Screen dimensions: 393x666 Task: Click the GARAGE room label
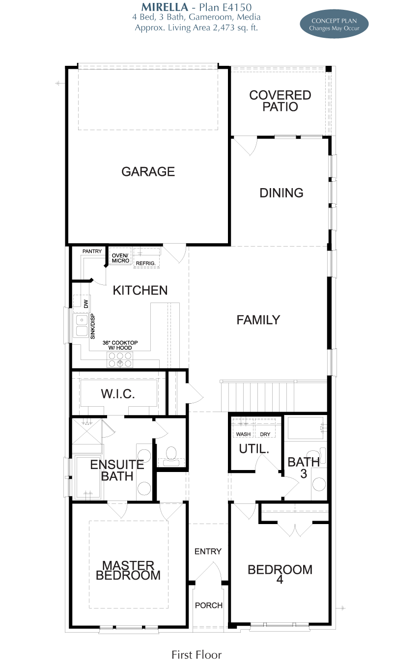click(x=148, y=171)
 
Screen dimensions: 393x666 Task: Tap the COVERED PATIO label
click(x=280, y=101)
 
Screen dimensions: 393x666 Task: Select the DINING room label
click(x=281, y=193)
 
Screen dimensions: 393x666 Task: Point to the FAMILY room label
click(x=258, y=320)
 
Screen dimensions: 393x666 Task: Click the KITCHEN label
click(x=140, y=290)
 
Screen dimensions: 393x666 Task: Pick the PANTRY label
click(x=92, y=251)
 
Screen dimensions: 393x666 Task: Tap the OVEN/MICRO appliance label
click(x=120, y=258)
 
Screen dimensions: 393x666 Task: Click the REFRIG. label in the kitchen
click(x=146, y=263)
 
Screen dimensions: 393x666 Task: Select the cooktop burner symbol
click(x=120, y=360)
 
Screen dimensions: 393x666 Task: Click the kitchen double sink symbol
click(x=82, y=326)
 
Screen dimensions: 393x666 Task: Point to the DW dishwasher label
click(x=86, y=304)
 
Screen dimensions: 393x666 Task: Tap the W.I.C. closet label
click(x=118, y=393)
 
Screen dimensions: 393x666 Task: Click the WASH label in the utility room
click(x=243, y=434)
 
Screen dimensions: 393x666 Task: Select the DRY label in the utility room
click(x=265, y=434)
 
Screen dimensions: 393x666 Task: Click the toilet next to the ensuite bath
click(x=171, y=456)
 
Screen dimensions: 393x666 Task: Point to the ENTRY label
click(x=208, y=552)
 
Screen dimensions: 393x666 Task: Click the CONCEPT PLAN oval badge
click(x=334, y=24)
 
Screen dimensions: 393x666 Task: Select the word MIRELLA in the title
click(x=165, y=7)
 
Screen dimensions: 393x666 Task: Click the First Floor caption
click(x=196, y=655)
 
